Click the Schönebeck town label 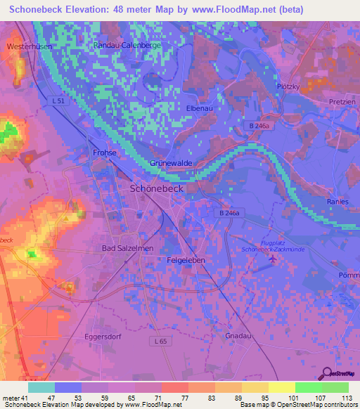coord(157,189)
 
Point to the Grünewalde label coord(171,163)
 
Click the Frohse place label coord(104,152)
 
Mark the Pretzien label coord(342,102)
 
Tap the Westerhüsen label coord(25,46)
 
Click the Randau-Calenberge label coord(127,44)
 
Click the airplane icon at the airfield coord(272,260)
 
